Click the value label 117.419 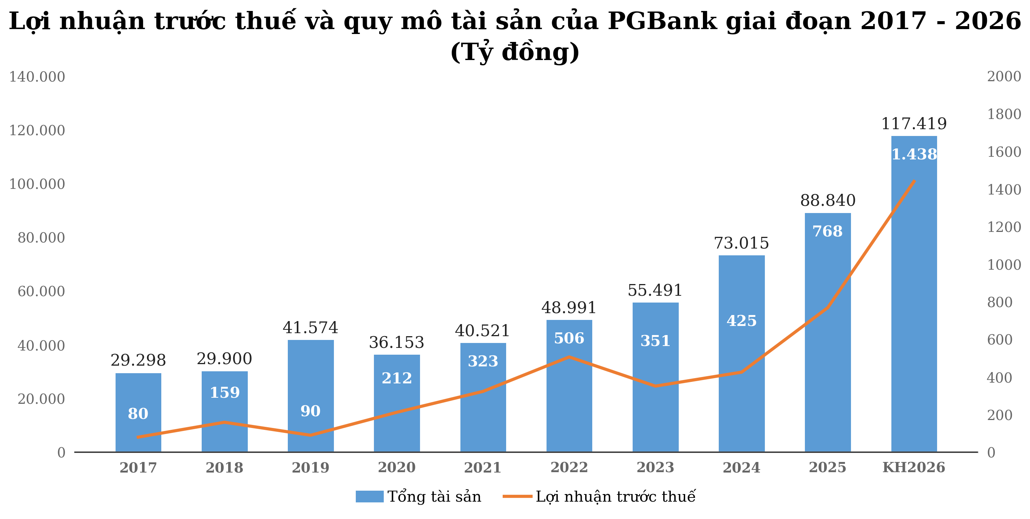914,124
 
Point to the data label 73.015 741,243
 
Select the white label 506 569,339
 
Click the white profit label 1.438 914,154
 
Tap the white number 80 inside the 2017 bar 138,414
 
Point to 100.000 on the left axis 37,184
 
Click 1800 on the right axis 1004,114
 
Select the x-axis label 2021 483,467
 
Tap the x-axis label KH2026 914,467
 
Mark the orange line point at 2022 569,357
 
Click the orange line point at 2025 828,307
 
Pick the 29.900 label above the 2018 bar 224,359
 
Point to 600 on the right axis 1000,340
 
